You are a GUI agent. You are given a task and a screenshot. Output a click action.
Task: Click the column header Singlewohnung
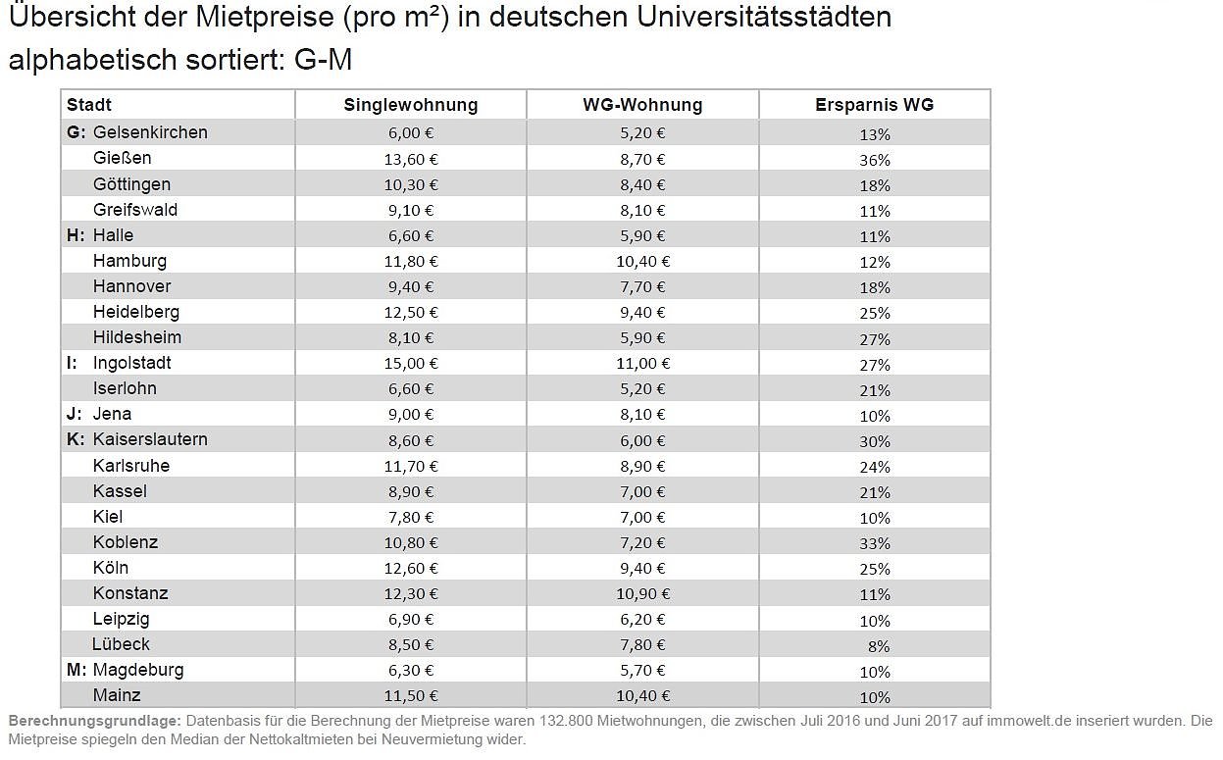click(x=410, y=105)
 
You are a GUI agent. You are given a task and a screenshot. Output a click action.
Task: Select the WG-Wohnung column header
click(x=642, y=105)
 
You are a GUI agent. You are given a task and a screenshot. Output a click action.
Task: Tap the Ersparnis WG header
click(x=874, y=105)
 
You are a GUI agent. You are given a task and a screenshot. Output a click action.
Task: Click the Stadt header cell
click(x=89, y=105)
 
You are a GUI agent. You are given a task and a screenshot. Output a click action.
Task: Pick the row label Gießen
click(x=123, y=158)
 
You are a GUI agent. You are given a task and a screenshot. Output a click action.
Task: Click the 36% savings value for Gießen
click(x=875, y=160)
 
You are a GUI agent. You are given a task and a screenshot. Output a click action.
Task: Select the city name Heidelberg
click(x=136, y=312)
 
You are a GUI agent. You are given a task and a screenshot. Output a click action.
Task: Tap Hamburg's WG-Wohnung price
click(x=643, y=262)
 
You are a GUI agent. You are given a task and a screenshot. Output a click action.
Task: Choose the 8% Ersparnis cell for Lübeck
click(x=878, y=646)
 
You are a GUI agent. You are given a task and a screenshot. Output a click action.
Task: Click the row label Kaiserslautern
click(x=150, y=439)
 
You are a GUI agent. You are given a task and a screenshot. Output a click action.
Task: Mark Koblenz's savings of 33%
click(x=875, y=543)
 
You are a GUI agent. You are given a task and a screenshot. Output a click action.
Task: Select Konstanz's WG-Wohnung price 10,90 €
click(x=643, y=594)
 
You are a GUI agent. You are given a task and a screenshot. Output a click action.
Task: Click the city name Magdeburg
click(x=138, y=670)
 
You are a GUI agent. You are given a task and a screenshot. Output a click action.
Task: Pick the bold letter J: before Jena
click(x=75, y=414)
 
